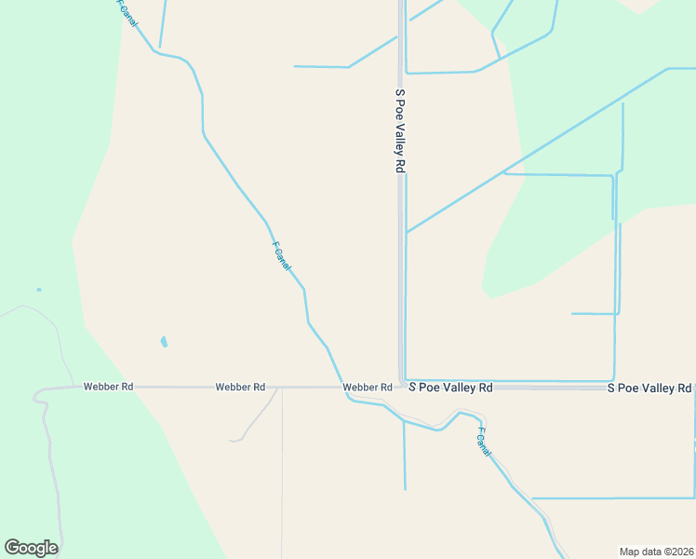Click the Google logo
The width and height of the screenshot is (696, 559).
tap(31, 548)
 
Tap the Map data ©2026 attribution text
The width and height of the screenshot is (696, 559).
tap(656, 552)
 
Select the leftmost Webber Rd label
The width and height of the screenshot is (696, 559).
tap(108, 386)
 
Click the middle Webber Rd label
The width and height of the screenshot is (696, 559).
tap(240, 387)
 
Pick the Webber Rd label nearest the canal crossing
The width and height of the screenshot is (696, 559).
tap(367, 387)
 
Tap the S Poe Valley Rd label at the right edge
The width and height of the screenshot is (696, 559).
tap(649, 388)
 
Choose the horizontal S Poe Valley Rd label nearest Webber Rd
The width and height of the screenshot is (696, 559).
tap(450, 387)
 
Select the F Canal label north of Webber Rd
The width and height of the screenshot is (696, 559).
tap(281, 256)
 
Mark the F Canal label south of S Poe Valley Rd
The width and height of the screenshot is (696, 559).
tap(483, 442)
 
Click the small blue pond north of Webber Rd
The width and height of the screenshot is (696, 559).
tap(165, 342)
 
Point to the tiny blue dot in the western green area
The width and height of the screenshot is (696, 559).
tap(39, 290)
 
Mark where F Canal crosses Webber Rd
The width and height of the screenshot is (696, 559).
tap(342, 387)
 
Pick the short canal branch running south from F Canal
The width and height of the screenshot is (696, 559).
tap(405, 457)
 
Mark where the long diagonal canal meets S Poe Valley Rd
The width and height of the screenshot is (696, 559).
tap(406, 232)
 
